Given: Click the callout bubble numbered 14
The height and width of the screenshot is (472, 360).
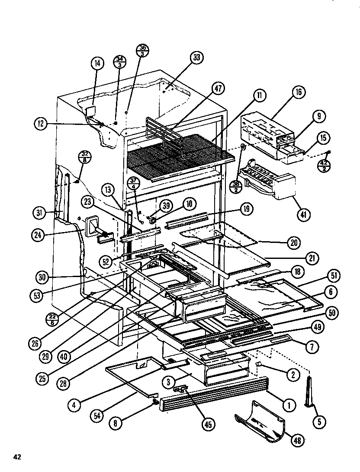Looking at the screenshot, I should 98,64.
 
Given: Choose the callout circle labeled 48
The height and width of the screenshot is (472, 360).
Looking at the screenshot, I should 298,440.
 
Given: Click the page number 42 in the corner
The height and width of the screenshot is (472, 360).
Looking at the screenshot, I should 17,457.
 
